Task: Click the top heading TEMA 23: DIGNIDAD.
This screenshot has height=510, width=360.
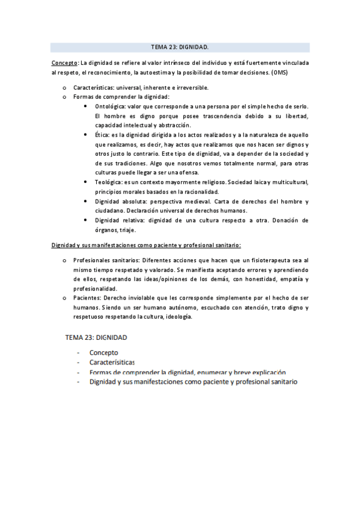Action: pyautogui.click(x=180, y=47)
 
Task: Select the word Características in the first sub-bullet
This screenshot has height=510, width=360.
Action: pyautogui.click(x=96, y=87)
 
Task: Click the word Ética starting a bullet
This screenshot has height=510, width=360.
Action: pyautogui.click(x=102, y=136)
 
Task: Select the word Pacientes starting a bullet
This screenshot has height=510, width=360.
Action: pyautogui.click(x=87, y=298)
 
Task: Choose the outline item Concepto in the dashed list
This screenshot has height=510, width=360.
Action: pyautogui.click(x=103, y=352)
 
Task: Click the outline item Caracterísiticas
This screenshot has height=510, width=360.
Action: pyautogui.click(x=112, y=363)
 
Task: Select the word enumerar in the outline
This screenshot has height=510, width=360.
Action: pyautogui.click(x=214, y=372)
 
